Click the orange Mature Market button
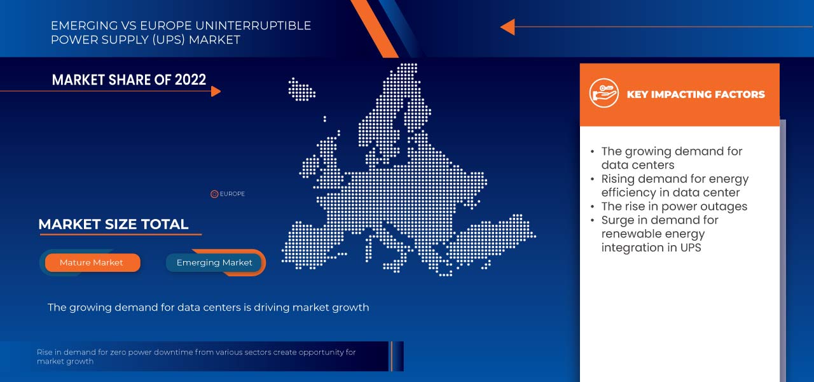pyautogui.click(x=92, y=262)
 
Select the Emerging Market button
pyautogui.click(x=214, y=262)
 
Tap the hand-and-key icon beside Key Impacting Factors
pyautogui.click(x=604, y=94)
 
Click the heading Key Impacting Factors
pyautogui.click(x=696, y=94)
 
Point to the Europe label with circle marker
pyautogui.click(x=228, y=194)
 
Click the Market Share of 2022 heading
pyautogui.click(x=128, y=80)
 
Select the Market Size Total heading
pyautogui.click(x=113, y=224)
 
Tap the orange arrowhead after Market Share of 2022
pyautogui.click(x=216, y=91)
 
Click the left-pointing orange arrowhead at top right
pyautogui.click(x=507, y=27)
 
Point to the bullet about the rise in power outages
pyautogui.click(x=674, y=206)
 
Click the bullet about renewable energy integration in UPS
pyautogui.click(x=659, y=234)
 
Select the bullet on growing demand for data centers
pyautogui.click(x=671, y=158)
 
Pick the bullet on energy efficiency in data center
pyautogui.click(x=674, y=185)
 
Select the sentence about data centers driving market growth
pyautogui.click(x=208, y=308)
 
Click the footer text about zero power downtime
pyautogui.click(x=196, y=357)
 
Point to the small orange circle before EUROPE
pyautogui.click(x=214, y=194)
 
